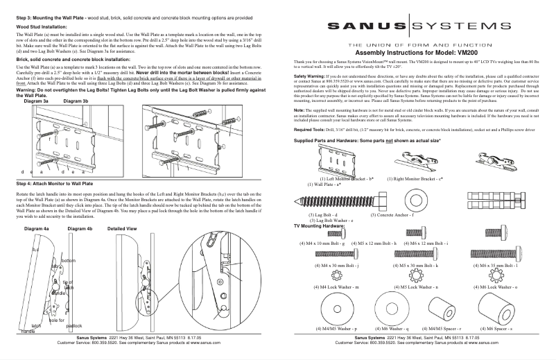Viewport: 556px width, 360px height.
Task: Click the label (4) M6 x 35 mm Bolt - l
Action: point(495,266)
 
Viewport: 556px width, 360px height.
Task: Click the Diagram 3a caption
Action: point(36,101)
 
